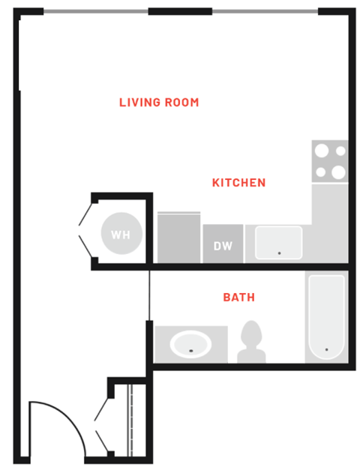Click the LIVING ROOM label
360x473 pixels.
point(159,102)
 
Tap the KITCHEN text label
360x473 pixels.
point(238,182)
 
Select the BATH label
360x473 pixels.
point(238,298)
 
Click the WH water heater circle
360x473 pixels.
point(120,235)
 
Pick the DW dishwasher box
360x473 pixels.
point(222,244)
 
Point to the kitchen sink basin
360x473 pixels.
point(278,243)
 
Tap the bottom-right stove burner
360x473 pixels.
point(338,172)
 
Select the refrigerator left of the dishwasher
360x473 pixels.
point(178,238)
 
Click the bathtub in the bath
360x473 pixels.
point(326,317)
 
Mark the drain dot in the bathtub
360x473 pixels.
point(326,349)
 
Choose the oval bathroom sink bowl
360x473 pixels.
point(191,345)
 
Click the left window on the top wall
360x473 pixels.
point(95,11)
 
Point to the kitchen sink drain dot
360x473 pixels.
point(279,253)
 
